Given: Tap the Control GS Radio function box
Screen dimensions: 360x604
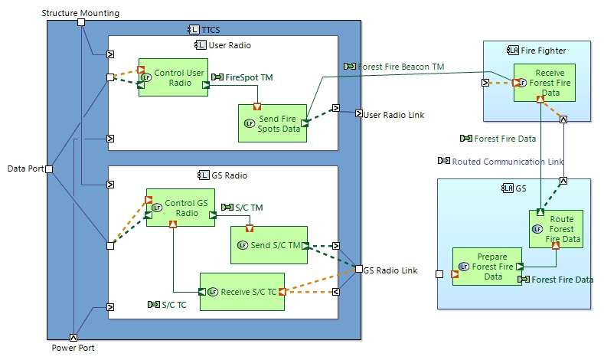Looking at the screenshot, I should [x=181, y=208].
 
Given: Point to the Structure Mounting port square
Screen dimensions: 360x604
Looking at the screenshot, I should [x=81, y=22].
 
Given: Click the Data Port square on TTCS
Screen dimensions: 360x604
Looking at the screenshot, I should [x=49, y=169].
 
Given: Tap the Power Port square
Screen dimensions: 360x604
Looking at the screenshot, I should [x=73, y=336].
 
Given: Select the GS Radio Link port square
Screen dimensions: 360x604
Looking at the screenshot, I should [x=358, y=269].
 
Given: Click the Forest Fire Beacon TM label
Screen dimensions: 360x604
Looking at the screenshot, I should [x=400, y=67].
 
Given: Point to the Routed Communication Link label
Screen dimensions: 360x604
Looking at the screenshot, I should [x=507, y=162].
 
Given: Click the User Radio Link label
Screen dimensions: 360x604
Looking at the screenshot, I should [x=393, y=115].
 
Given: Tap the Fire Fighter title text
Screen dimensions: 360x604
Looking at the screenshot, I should [x=543, y=51].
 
